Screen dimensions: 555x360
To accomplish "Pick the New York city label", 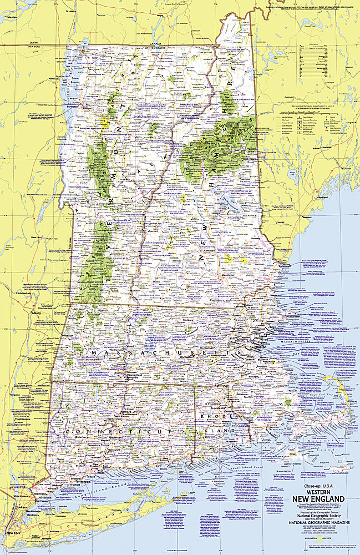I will pos(13,533).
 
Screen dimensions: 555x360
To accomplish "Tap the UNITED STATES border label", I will pos(156,48).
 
